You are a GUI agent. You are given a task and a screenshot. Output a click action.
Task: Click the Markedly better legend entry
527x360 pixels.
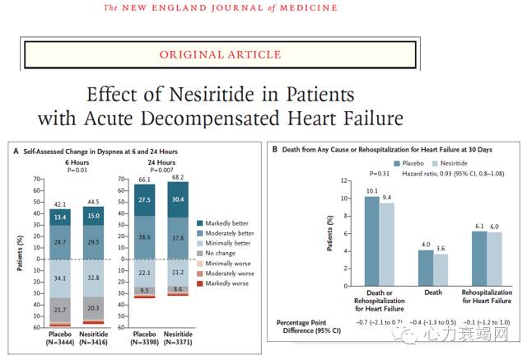[226, 222]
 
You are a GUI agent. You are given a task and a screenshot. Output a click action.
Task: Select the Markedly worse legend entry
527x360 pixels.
[226, 283]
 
